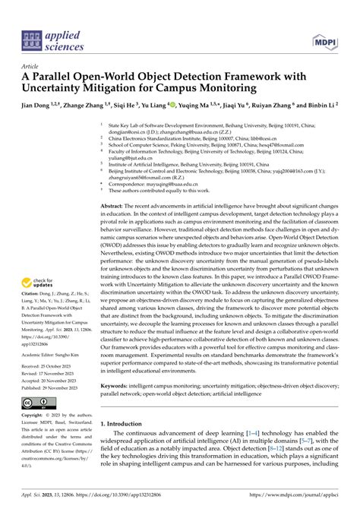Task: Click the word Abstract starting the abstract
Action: (114, 206)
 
